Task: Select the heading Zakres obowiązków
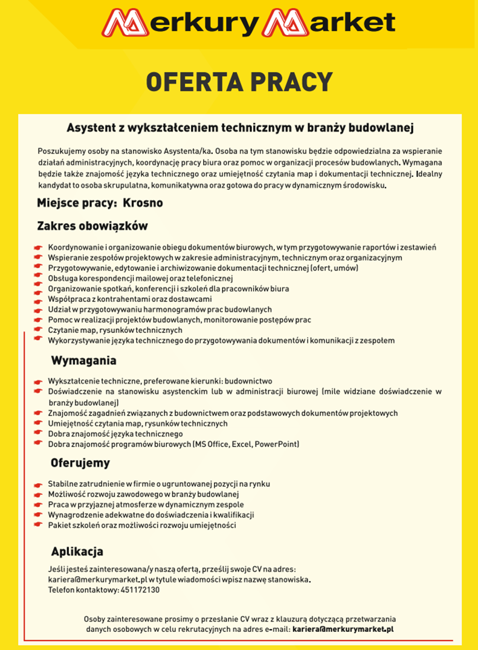point(92,226)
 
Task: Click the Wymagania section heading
point(84,361)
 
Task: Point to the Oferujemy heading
point(80,463)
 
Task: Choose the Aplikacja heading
point(77,551)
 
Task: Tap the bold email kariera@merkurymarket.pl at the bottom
point(343,629)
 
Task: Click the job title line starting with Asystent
point(240,128)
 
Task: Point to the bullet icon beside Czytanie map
point(39,330)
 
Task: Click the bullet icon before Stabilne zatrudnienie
point(39,484)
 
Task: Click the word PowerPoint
point(277,445)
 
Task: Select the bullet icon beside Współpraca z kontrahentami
point(39,299)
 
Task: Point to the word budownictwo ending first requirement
point(249,381)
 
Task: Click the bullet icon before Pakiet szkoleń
point(39,525)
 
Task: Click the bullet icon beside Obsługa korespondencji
point(39,278)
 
